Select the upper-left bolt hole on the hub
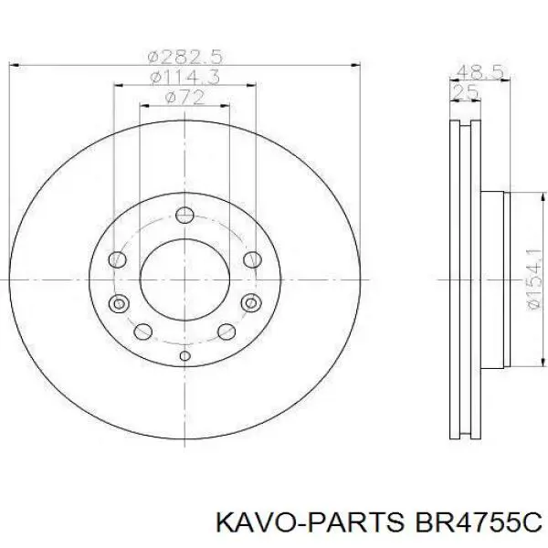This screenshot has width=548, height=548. (118, 260)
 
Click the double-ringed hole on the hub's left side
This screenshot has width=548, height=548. (118, 303)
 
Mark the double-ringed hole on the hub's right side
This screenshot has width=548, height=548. (249, 303)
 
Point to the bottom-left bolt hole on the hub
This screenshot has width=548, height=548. (142, 332)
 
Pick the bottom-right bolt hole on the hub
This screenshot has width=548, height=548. (225, 332)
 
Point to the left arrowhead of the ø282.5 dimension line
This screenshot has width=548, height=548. (13, 64)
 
